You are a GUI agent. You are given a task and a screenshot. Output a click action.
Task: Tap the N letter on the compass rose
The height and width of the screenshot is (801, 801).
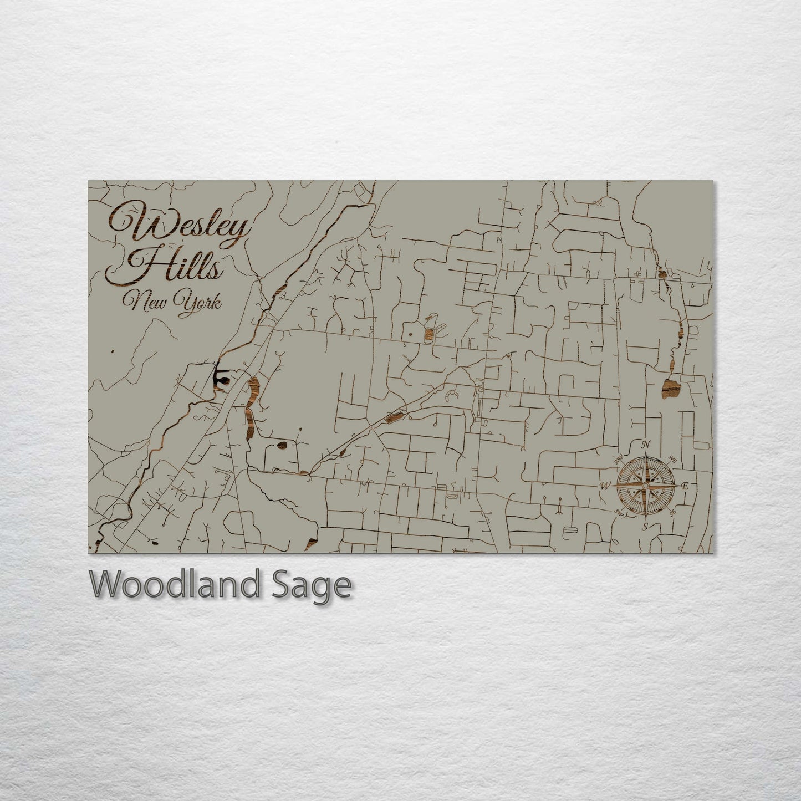[645, 445]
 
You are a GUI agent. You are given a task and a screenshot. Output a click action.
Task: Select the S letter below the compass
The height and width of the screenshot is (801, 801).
[645, 527]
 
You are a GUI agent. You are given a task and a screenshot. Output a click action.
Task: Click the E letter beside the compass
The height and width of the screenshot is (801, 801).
[685, 486]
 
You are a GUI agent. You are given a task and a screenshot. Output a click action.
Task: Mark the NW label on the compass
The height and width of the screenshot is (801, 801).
[617, 459]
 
